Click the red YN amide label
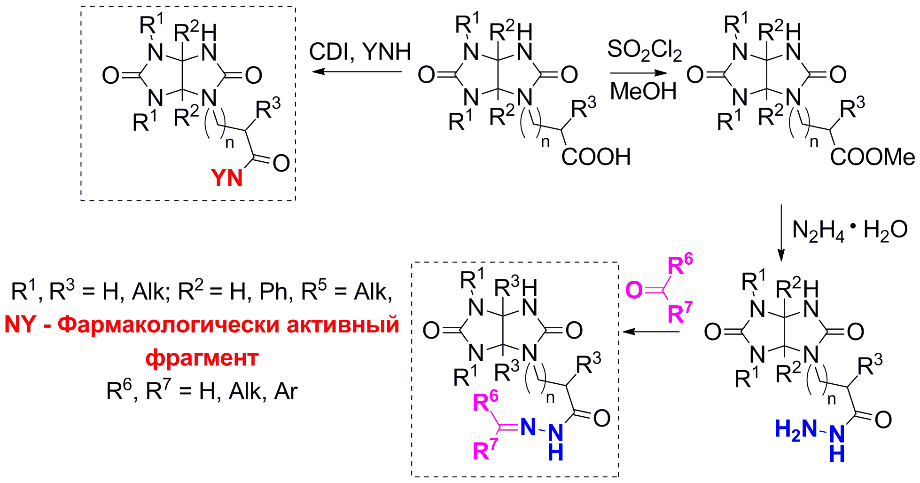pos(227,178)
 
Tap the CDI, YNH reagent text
pos(360,51)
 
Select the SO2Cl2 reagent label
pos(644,50)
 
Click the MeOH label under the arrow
pos(643,91)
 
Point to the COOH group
pos(596,157)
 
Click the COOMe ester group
pos(872,157)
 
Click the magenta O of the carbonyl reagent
pos(634,290)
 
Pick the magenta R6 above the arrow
pos(680,264)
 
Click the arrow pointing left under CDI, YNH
pos(358,72)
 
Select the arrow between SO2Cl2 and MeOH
pos(638,73)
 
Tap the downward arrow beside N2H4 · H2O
pos(781,232)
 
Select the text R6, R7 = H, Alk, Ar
pos(202,391)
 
